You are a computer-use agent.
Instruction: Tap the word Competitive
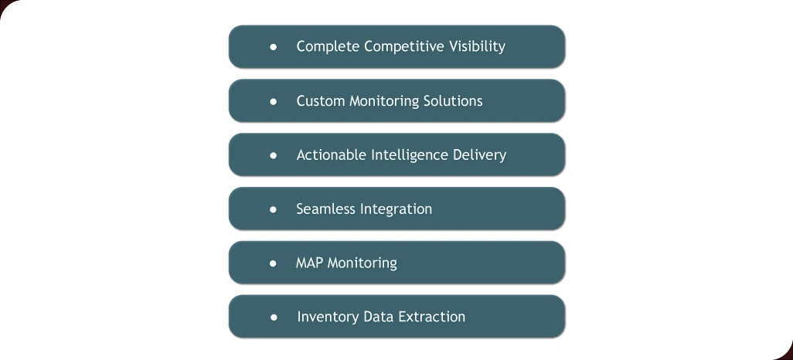click(402, 46)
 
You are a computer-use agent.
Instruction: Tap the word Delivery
click(481, 155)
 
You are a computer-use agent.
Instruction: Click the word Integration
click(396, 209)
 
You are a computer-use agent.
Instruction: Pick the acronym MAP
click(309, 263)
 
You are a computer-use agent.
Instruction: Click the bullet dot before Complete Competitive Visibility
click(273, 46)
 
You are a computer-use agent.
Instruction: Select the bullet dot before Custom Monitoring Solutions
click(273, 101)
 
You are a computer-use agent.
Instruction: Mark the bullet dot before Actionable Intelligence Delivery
click(273, 155)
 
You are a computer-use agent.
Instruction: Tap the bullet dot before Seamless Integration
click(273, 209)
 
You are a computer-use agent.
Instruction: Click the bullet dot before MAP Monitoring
click(273, 263)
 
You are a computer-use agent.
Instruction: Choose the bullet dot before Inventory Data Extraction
click(273, 317)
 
